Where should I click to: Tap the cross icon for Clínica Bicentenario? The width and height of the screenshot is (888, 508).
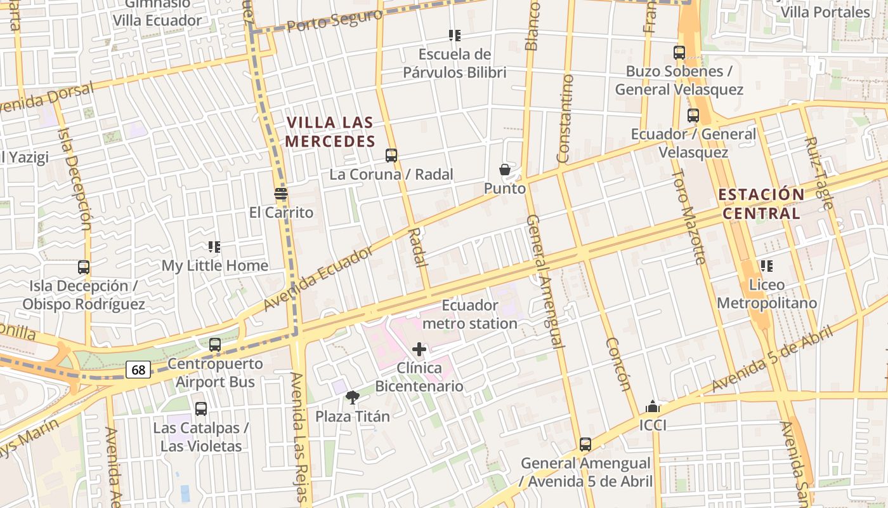(419, 349)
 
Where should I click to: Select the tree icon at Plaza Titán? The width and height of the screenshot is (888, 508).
(353, 398)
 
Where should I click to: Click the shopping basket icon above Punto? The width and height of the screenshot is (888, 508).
(505, 170)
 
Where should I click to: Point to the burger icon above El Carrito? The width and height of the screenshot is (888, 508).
(281, 193)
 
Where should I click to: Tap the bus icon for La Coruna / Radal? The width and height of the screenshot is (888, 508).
(391, 156)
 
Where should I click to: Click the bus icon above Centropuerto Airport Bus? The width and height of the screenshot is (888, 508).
(215, 345)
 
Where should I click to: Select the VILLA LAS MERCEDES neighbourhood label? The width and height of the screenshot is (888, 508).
(330, 131)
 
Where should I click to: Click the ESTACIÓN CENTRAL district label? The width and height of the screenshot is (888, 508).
(761, 204)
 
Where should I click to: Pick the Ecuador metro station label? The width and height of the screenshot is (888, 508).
(469, 314)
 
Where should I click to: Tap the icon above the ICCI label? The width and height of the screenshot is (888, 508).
(652, 406)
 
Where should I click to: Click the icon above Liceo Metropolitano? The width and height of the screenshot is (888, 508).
(766, 266)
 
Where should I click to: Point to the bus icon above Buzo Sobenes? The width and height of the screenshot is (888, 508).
(679, 53)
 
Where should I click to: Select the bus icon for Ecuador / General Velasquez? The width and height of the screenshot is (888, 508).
(693, 116)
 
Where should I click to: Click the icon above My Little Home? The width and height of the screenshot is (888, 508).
(214, 246)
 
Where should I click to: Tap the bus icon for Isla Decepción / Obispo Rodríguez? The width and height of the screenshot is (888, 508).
(84, 267)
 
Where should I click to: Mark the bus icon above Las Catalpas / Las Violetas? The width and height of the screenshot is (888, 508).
(201, 409)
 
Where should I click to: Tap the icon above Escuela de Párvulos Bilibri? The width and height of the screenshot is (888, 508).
(454, 36)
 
